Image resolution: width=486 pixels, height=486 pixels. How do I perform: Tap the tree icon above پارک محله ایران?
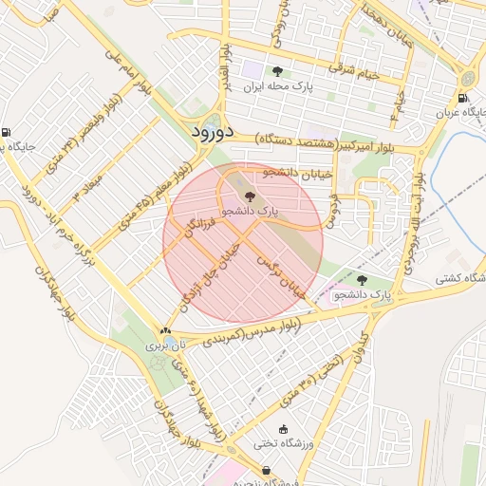click(277, 71)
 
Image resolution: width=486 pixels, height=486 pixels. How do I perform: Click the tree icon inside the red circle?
click(250, 196)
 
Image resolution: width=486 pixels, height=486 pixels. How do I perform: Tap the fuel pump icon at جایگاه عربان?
click(462, 98)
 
